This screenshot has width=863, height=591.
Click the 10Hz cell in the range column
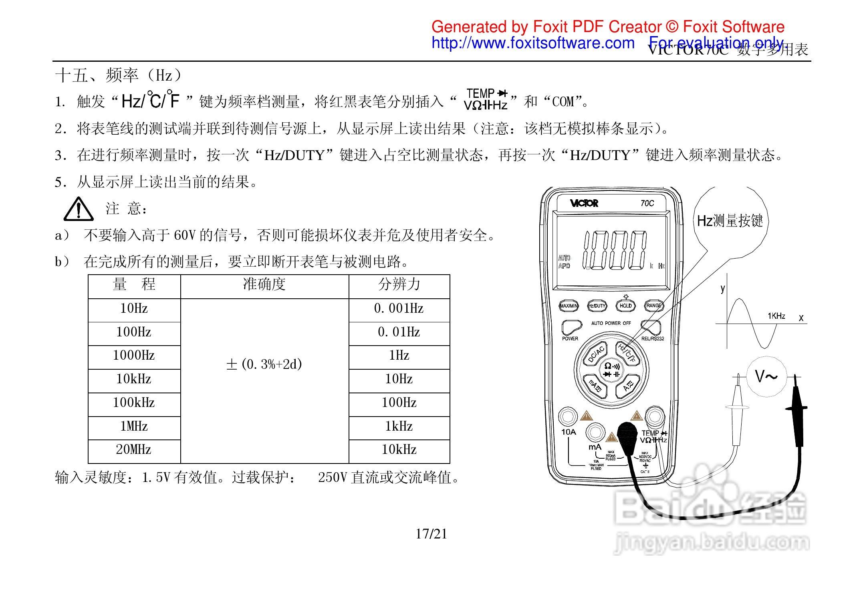[134, 309]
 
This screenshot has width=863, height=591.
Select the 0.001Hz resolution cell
[399, 309]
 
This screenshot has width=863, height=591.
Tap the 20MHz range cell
[134, 450]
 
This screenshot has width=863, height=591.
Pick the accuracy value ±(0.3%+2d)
[264, 364]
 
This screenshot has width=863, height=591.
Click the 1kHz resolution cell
[399, 427]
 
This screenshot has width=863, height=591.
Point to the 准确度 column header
[264, 285]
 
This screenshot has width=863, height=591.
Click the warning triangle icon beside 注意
[79, 209]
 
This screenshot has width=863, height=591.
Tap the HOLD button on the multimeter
[625, 306]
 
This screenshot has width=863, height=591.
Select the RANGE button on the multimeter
[653, 306]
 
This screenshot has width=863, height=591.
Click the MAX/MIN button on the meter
[569, 306]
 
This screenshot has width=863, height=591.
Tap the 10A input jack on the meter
[568, 417]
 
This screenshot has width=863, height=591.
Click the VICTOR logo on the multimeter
[584, 203]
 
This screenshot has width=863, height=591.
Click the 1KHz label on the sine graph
[776, 316]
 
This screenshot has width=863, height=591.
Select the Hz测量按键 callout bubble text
[730, 221]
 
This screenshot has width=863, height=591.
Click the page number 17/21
[431, 534]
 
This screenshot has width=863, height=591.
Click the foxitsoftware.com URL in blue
[533, 43]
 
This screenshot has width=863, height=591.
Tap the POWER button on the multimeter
[571, 328]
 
